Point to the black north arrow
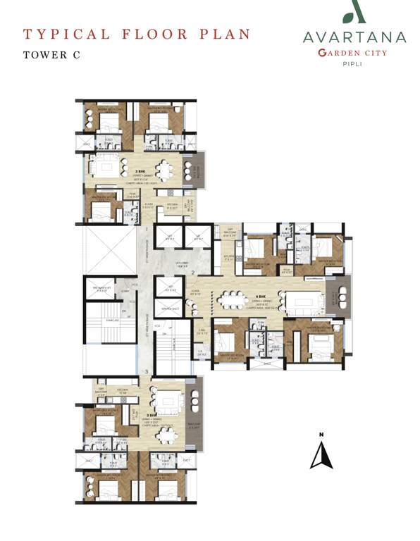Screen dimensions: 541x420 click(321, 455)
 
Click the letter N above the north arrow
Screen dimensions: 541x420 click(321, 434)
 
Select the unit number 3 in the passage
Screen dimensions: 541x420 click(146, 371)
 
